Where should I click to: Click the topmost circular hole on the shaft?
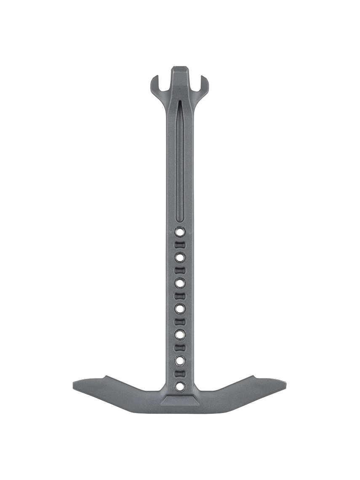click(180, 231)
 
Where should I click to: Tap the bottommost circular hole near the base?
click(180, 385)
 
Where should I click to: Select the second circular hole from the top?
click(180, 257)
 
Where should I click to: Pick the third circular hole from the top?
click(180, 283)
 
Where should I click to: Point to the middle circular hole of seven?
click(180, 308)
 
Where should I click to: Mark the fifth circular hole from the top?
click(180, 334)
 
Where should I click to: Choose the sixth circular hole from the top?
click(180, 360)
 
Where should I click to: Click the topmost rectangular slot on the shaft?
click(180, 244)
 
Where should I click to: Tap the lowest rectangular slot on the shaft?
click(180, 373)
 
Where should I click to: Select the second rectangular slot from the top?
click(180, 270)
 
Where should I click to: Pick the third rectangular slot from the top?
click(180, 296)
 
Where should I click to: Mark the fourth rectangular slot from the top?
click(180, 321)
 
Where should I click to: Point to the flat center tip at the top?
click(179, 69)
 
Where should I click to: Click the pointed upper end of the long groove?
click(179, 103)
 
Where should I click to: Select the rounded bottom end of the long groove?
click(179, 219)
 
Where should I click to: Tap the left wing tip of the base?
click(76, 384)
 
